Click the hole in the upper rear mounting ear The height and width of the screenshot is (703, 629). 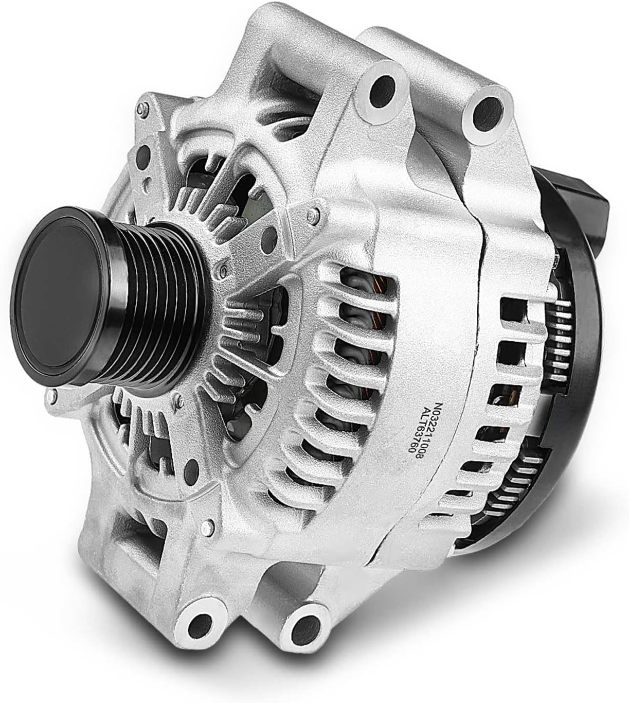click(489, 114)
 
